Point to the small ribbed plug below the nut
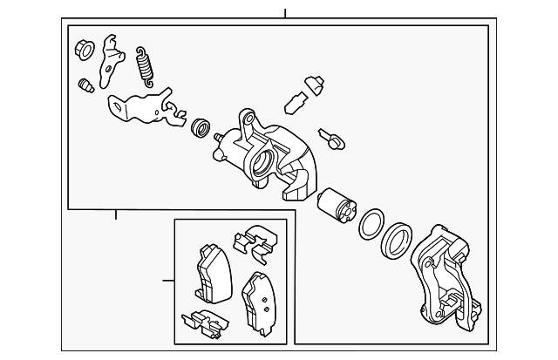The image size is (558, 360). click(85, 87)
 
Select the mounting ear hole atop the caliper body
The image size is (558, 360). click(247, 118)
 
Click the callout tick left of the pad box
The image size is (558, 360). click(166, 280)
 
